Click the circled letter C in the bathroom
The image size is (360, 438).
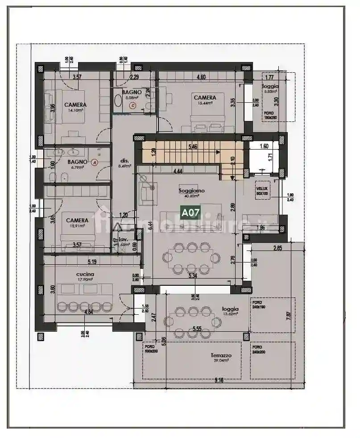pyautogui.click(x=132, y=106)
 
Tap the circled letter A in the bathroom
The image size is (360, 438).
pyautogui.click(x=94, y=163)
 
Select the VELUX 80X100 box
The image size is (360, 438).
pyautogui.click(x=262, y=191)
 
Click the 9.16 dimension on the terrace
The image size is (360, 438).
pyautogui.click(x=218, y=380)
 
